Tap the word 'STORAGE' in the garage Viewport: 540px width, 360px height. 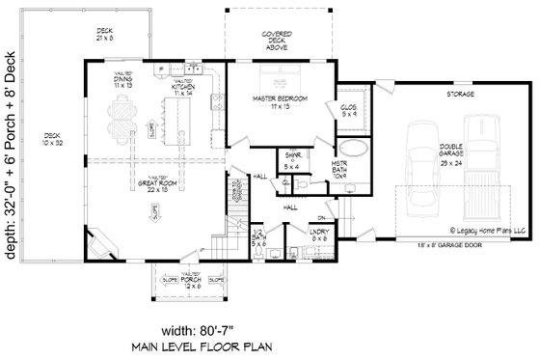tap(451, 97)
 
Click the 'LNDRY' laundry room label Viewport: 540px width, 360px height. tap(318, 234)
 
